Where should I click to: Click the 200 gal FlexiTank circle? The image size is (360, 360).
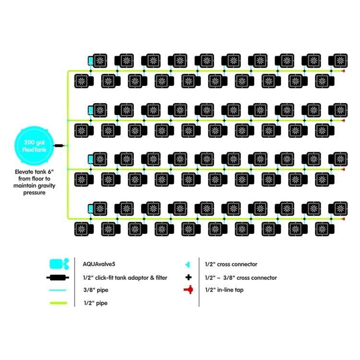pos(34,146)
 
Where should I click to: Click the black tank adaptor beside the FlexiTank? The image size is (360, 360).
pos(59,145)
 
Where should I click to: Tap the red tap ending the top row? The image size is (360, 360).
pos(344,71)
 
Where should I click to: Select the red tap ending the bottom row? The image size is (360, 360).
pos(344,219)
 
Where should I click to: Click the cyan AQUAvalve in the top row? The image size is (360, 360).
pos(91,61)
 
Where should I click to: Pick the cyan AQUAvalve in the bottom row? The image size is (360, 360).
pos(91,209)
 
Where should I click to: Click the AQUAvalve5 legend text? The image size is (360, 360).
pos(99,264)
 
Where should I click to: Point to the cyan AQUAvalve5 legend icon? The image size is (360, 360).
pos(59,264)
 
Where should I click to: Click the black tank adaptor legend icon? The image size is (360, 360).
pos(58,277)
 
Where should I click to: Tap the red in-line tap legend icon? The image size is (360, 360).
pos(189,290)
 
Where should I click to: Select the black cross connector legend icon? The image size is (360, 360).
pos(189,277)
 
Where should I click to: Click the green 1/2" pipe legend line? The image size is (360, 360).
pos(59,303)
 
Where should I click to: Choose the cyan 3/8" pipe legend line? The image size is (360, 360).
pos(58,290)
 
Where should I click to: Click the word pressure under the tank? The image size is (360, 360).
pos(34,192)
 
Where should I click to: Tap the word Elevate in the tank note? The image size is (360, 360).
pos(24,172)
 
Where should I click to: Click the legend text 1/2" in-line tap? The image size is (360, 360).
pos(224,290)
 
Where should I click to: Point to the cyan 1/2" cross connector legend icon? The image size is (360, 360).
pos(188,264)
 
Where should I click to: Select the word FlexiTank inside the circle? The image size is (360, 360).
pos(34,150)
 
